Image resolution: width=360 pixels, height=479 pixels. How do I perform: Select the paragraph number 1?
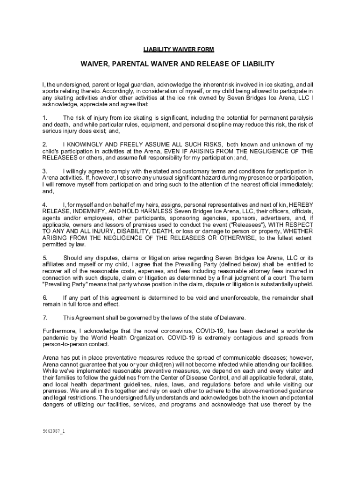coord(44,118)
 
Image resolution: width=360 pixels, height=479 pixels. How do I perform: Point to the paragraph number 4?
coord(44,205)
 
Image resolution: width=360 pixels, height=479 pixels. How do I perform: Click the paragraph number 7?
coord(44,318)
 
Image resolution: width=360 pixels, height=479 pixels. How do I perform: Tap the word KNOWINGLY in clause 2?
coord(92,145)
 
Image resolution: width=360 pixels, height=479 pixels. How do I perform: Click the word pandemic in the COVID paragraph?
coord(56,338)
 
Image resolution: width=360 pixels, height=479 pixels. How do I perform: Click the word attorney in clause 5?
coord(242,271)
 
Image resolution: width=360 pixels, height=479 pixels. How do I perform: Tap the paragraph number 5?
coord(44,258)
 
